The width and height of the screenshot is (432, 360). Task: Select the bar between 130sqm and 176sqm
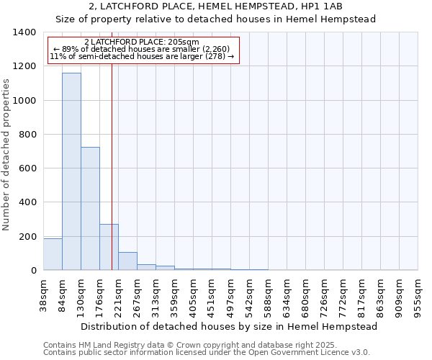pyautogui.click(x=90, y=209)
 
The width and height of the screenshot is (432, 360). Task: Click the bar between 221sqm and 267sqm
pyautogui.click(x=127, y=261)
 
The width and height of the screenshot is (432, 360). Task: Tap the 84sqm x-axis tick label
pyautogui.click(x=62, y=297)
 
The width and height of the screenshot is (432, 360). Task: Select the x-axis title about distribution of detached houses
pyautogui.click(x=230, y=326)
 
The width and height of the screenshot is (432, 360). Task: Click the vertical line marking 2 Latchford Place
pyautogui.click(x=112, y=166)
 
